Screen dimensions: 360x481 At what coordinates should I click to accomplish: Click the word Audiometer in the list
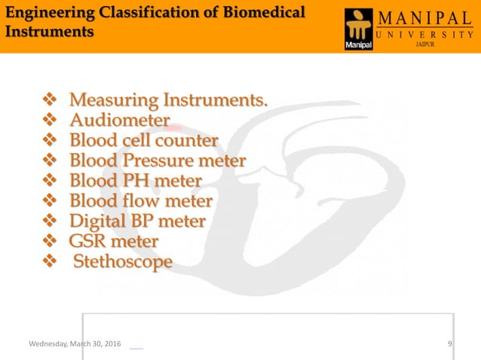click(x=119, y=121)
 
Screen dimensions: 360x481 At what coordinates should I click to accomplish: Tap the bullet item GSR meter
click(x=113, y=242)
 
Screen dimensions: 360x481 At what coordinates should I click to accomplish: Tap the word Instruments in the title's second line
click(x=50, y=32)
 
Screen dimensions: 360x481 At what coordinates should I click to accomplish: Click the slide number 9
click(x=449, y=344)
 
